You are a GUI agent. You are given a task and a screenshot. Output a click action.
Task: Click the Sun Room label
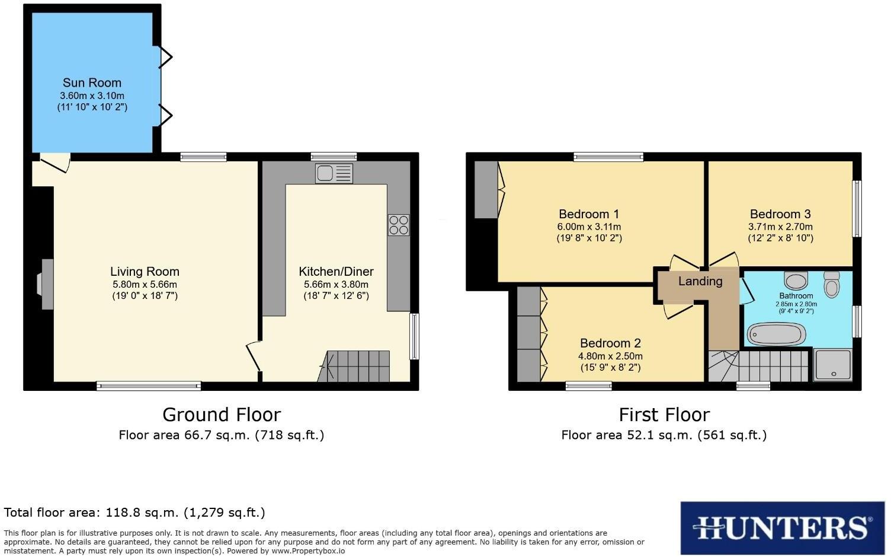pyautogui.click(x=92, y=83)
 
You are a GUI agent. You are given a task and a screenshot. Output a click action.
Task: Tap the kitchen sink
pyautogui.click(x=334, y=173)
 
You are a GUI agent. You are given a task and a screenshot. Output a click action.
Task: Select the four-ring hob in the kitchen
pyautogui.click(x=398, y=225)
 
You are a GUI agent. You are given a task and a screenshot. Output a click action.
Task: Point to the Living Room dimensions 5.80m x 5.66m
pyautogui.click(x=145, y=284)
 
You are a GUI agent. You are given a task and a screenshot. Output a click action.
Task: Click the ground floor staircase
pyautogui.click(x=355, y=366)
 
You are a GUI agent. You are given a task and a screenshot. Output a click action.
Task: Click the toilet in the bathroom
pyautogui.click(x=832, y=284)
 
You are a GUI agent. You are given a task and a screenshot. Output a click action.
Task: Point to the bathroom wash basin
pyautogui.click(x=796, y=279)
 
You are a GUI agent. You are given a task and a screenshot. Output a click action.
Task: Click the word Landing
pyautogui.click(x=700, y=281)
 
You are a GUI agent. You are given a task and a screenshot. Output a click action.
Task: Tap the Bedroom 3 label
pyautogui.click(x=780, y=214)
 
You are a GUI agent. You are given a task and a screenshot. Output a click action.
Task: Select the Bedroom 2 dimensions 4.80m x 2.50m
pyautogui.click(x=610, y=357)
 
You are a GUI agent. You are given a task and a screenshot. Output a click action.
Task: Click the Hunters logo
pyautogui.click(x=782, y=527)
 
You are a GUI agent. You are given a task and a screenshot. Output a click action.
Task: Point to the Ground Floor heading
pyautogui.click(x=222, y=414)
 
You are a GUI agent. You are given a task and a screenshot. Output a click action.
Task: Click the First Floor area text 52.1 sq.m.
pyautogui.click(x=664, y=435)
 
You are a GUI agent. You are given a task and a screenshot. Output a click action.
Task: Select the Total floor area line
pyautogui.click(x=134, y=513)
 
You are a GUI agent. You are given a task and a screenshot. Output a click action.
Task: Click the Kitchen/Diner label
pyautogui.click(x=336, y=272)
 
